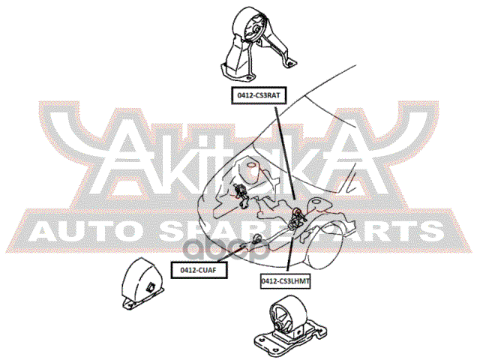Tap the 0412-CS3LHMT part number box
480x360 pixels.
286,280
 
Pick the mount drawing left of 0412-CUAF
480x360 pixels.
140,286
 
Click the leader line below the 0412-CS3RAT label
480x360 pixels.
284,150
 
